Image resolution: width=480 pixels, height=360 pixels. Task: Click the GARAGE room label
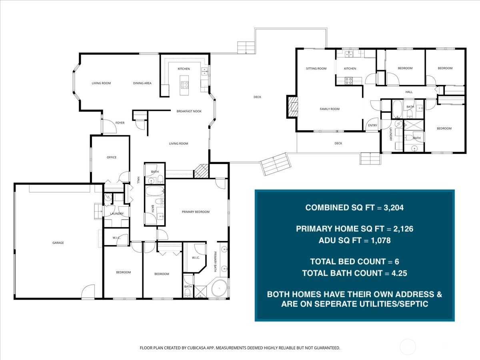(58, 243)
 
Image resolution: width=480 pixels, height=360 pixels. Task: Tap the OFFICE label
(112, 157)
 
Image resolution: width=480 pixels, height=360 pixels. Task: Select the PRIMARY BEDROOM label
(196, 212)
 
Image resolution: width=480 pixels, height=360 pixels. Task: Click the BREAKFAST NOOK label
(189, 111)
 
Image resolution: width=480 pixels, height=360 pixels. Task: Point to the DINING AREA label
(142, 83)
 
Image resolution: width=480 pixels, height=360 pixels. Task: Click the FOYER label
(120, 123)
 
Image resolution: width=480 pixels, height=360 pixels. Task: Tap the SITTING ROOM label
(316, 68)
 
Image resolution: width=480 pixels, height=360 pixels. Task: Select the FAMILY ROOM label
(329, 109)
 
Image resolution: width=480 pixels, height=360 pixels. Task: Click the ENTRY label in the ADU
(372, 125)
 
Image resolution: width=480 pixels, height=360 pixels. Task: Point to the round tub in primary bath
(219, 288)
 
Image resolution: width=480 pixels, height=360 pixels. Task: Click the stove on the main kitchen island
(185, 84)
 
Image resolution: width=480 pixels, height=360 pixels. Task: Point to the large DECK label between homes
(257, 97)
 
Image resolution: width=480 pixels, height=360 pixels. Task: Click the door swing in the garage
(88, 292)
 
